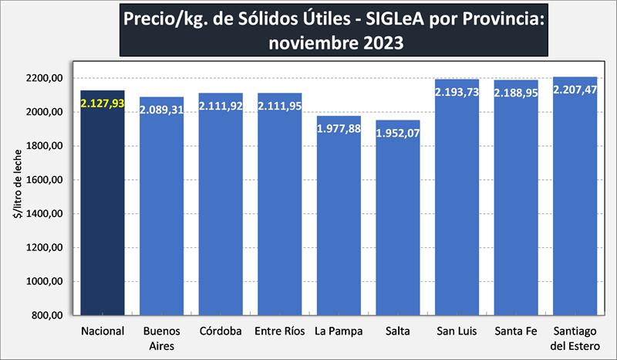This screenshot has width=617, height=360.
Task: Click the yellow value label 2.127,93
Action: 103,104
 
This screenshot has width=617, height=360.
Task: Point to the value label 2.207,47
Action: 575,90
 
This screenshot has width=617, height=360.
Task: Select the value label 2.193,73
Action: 457,92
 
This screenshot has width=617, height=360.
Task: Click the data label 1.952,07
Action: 398,133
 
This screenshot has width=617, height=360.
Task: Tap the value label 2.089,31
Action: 161,110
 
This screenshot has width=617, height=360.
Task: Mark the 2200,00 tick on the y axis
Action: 43,78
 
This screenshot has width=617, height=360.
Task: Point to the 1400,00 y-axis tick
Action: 43,214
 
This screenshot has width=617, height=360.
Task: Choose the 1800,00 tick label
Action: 43,146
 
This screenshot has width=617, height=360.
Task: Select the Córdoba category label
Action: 221,332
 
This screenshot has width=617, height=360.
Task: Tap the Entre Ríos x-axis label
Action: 279,332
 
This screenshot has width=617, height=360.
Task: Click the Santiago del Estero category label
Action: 575,338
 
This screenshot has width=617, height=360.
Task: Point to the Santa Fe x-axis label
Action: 516,332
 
